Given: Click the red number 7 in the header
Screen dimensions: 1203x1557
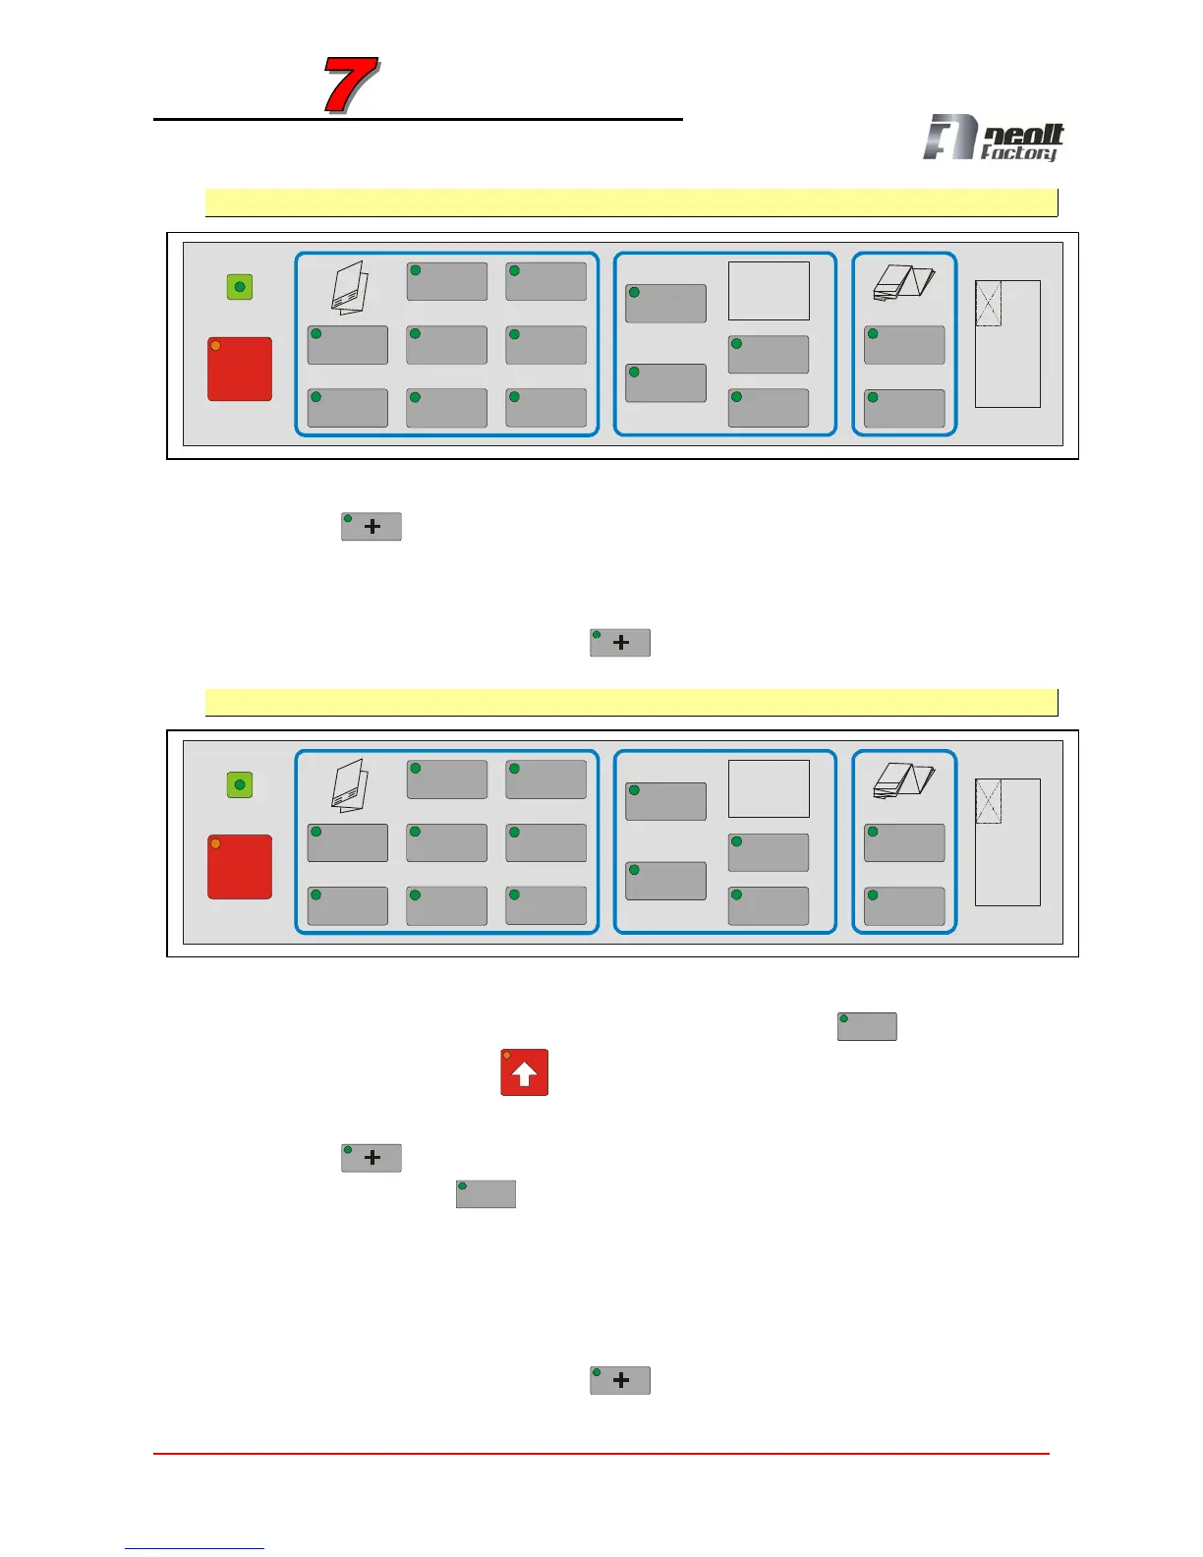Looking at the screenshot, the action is pyautogui.click(x=351, y=86).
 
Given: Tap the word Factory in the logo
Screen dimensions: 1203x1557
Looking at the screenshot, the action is pyautogui.click(x=1019, y=152).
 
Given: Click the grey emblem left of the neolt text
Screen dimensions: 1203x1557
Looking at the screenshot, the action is pyautogui.click(x=949, y=137).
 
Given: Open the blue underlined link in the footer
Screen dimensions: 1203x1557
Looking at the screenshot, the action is pyautogui.click(x=195, y=1548).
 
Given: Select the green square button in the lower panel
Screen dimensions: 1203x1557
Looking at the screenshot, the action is pyautogui.click(x=240, y=784).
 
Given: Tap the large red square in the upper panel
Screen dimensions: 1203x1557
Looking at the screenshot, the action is pyautogui.click(x=240, y=370).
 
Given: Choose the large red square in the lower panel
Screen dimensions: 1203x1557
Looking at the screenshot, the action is pyautogui.click(x=240, y=867).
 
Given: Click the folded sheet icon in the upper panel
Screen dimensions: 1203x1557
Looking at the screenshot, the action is pyautogui.click(x=350, y=287).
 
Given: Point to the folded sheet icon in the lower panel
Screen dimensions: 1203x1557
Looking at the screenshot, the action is pyautogui.click(x=350, y=784).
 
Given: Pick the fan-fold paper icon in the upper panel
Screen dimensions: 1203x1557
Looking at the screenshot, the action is pyautogui.click(x=903, y=283).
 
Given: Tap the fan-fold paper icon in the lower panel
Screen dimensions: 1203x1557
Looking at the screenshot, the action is pyautogui.click(x=903, y=780).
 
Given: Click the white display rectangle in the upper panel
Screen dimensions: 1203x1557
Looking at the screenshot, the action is pyautogui.click(x=769, y=291).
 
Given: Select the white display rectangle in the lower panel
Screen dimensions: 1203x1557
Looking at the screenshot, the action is pyautogui.click(x=769, y=788).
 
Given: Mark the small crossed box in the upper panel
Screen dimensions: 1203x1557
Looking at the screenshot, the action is pyautogui.click(x=988, y=304).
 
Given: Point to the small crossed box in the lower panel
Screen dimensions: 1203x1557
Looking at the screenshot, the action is pyautogui.click(x=988, y=801).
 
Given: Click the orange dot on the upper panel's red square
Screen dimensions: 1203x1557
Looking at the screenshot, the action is pyautogui.click(x=215, y=346).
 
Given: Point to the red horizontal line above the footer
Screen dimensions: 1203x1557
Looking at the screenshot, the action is pyautogui.click(x=601, y=1453).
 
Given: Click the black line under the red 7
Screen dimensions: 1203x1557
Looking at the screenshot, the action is pyautogui.click(x=418, y=120).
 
